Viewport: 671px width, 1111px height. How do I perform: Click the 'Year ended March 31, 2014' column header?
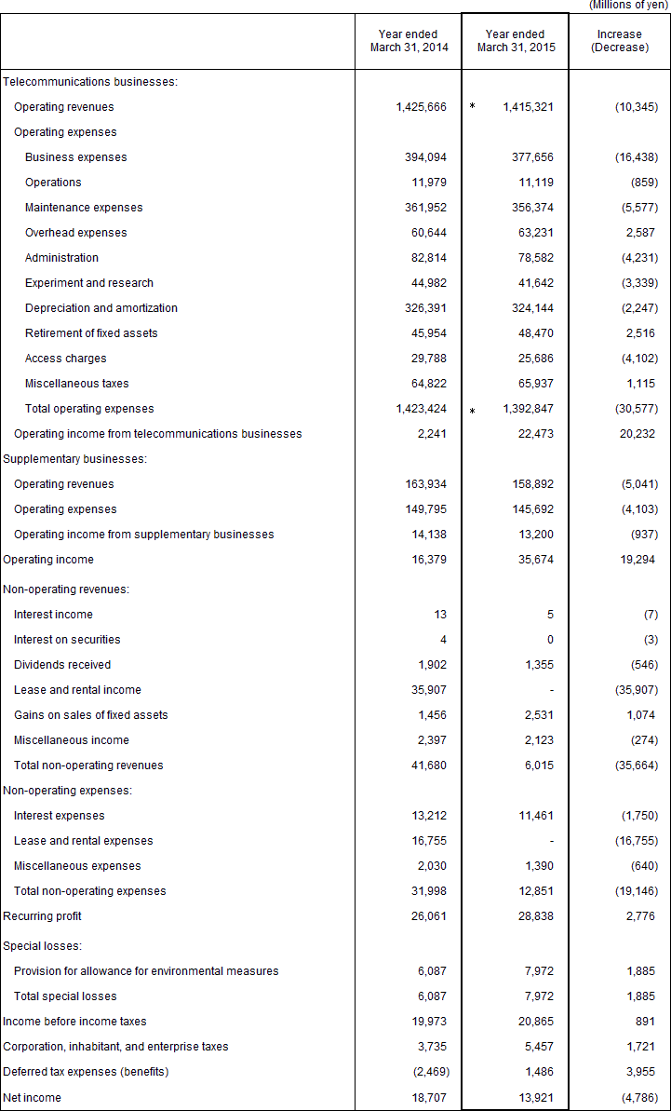coord(408,41)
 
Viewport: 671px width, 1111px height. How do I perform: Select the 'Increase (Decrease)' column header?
coord(619,41)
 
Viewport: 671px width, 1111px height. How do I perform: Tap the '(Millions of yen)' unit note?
coord(628,6)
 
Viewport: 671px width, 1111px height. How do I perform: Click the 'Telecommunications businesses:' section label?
coord(90,82)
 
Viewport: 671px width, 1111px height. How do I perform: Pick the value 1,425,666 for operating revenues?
coord(421,107)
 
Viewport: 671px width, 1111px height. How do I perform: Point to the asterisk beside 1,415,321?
coord(472,107)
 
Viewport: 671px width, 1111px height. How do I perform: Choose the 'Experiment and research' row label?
coord(89,283)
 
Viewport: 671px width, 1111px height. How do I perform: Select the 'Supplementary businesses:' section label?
coord(75,459)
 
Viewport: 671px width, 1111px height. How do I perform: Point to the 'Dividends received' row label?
coord(62,665)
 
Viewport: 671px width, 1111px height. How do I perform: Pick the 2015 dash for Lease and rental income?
coord(551,690)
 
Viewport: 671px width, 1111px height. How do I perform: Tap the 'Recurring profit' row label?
coord(43,916)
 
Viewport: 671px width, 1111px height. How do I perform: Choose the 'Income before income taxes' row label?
coord(74,1022)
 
